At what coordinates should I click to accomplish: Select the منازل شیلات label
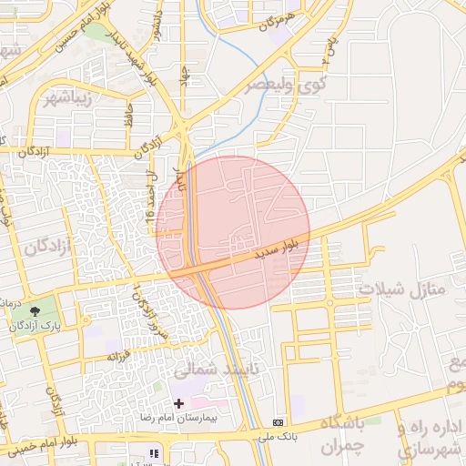tap(400, 289)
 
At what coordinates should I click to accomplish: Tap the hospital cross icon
tap(177, 402)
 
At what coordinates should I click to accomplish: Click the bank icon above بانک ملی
tap(278, 422)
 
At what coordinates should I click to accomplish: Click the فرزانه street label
tap(122, 354)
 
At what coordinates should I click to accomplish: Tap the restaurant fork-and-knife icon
tap(155, 452)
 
